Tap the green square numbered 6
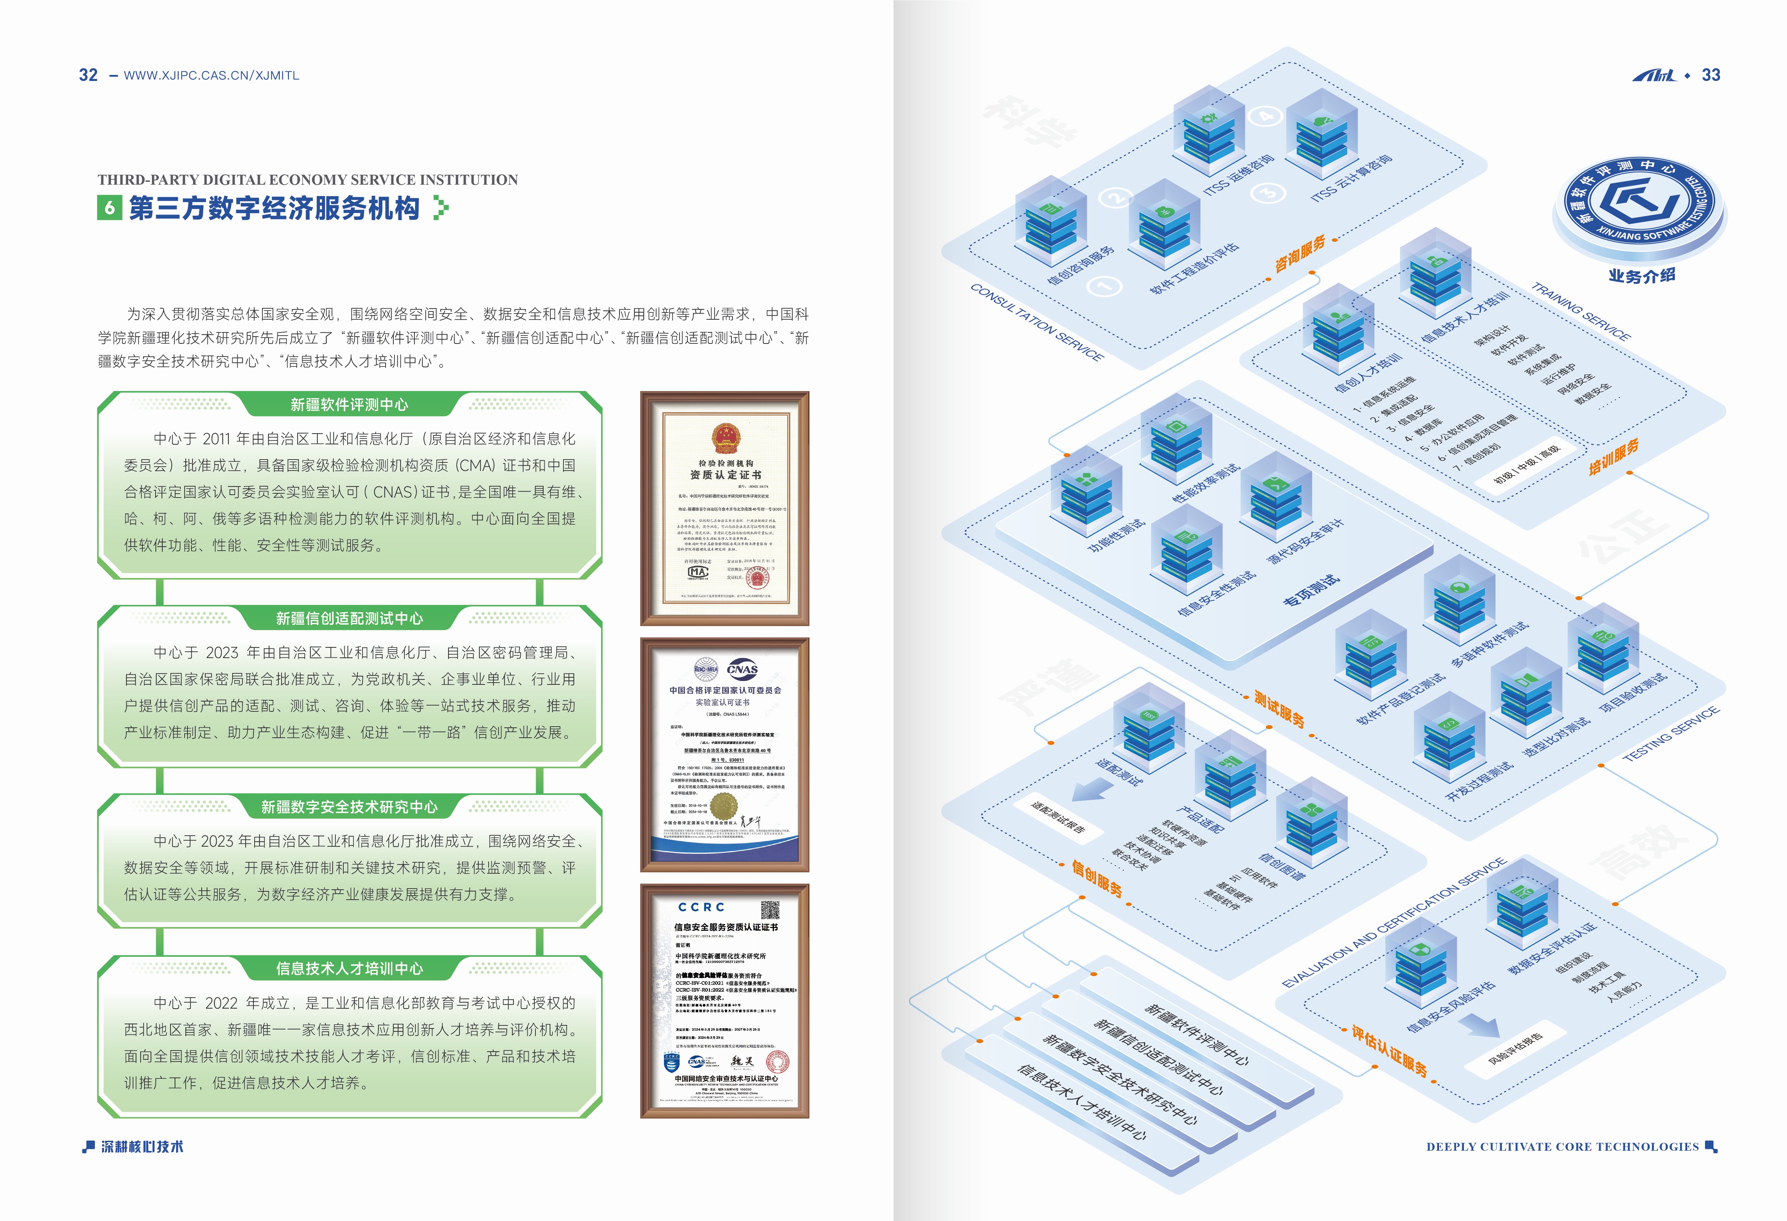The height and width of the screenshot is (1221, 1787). pyautogui.click(x=109, y=208)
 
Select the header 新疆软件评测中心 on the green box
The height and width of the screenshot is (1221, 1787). pyautogui.click(x=349, y=405)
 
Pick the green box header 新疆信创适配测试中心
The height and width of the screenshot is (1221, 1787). pyautogui.click(x=349, y=618)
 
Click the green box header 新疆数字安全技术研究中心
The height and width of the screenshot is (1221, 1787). pyautogui.click(x=349, y=807)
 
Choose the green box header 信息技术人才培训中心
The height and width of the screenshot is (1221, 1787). pyautogui.click(x=349, y=968)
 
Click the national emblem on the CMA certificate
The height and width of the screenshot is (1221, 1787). pyautogui.click(x=725, y=438)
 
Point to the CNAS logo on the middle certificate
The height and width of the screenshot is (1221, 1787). pyautogui.click(x=742, y=669)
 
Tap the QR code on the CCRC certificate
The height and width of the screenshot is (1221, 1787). pyautogui.click(x=770, y=910)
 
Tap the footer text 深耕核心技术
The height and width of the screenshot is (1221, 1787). pyautogui.click(x=142, y=1146)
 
